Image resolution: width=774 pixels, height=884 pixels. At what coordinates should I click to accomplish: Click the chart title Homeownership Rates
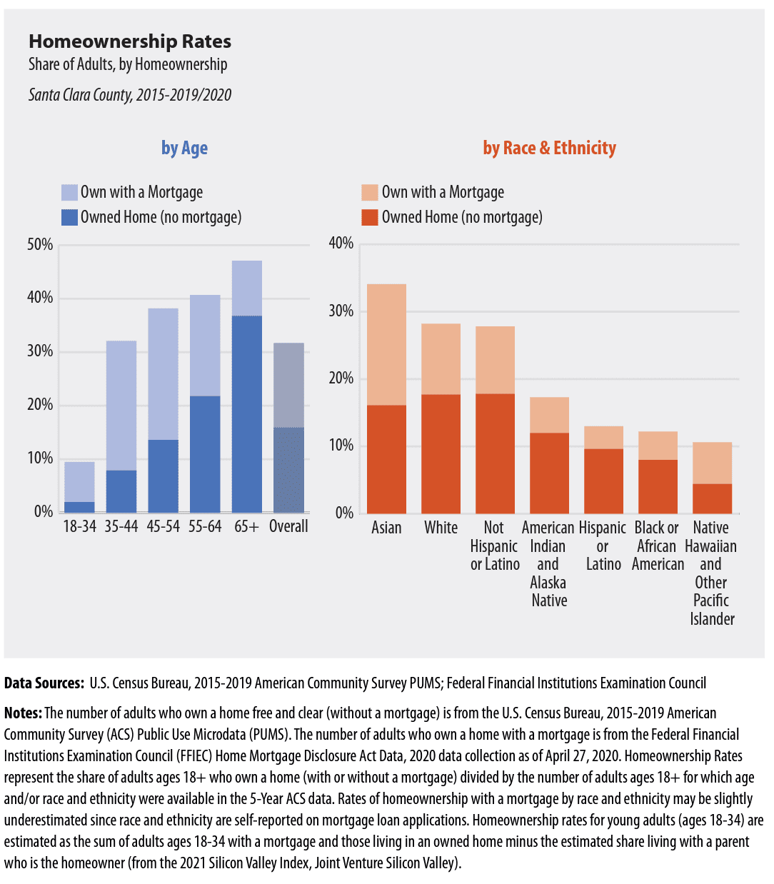point(130,41)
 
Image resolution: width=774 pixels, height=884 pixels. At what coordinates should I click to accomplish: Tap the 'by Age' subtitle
point(184,148)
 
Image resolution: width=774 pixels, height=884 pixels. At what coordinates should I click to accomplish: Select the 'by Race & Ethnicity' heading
point(549,148)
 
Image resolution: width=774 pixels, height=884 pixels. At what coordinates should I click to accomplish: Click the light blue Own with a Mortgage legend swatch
point(69,192)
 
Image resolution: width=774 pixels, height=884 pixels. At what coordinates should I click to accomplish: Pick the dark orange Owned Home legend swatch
point(369,217)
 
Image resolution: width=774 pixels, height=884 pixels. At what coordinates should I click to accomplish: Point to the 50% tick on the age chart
point(40,245)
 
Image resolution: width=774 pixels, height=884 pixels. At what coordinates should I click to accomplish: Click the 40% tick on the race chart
point(341,243)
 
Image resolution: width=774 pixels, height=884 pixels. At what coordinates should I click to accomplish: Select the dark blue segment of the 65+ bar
point(246,413)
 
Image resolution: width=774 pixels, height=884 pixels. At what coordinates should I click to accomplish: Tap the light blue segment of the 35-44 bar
point(121,405)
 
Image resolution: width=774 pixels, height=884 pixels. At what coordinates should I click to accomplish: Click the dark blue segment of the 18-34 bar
point(79,507)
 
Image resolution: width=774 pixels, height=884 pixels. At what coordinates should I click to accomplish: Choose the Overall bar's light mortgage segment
point(288,385)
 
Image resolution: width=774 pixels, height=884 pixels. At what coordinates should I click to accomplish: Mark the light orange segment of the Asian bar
point(386,344)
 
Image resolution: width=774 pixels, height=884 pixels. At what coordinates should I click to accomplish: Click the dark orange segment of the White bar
point(441,453)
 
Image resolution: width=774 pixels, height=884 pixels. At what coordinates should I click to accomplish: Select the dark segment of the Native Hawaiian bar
point(712,498)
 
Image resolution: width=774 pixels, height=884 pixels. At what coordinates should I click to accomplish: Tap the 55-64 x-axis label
point(205,526)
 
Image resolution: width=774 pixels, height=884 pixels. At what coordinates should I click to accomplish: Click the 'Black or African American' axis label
point(657,546)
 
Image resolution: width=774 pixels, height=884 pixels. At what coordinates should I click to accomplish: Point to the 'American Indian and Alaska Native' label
point(548,564)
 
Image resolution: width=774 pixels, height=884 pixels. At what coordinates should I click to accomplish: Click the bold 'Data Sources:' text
point(44,683)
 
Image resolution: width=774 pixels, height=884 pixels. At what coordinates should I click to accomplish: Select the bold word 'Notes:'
point(23,713)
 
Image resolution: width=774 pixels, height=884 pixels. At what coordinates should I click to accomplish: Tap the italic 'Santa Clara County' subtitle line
point(130,95)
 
